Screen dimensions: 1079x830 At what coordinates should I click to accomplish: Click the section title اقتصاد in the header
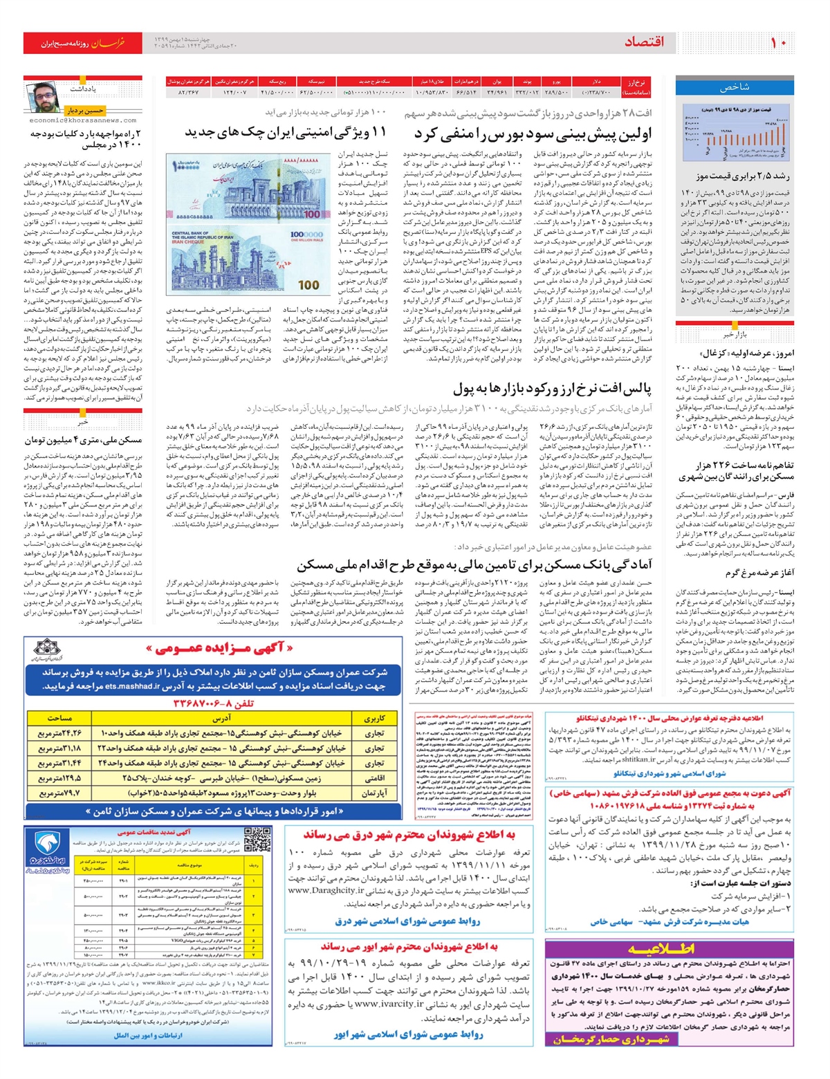point(644,42)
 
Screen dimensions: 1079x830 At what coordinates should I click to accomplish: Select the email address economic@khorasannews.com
point(83,120)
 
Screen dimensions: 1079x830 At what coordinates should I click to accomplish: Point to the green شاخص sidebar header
point(735,87)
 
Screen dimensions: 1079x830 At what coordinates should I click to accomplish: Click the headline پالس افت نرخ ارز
point(553,387)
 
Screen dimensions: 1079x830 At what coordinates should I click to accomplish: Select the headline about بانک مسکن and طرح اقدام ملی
point(474,564)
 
